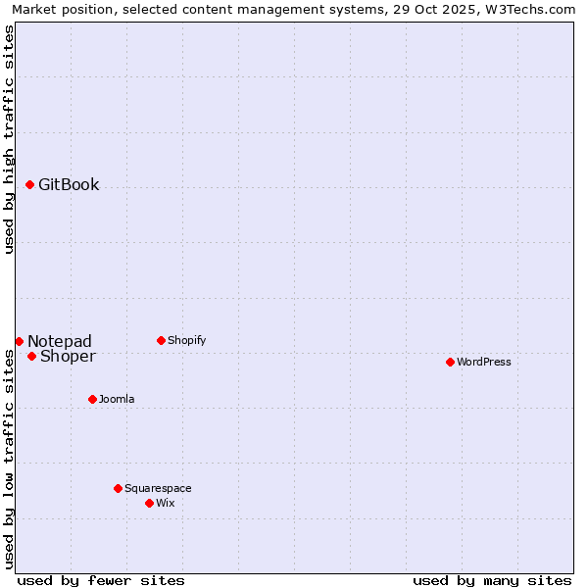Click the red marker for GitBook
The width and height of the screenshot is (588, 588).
coord(30,184)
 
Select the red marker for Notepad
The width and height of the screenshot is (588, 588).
coord(19,341)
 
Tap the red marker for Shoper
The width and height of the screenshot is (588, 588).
coord(31,356)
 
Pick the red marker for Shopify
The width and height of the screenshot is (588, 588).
coord(161,340)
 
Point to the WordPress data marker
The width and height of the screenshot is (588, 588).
coord(450,362)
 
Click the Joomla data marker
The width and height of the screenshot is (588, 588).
coord(92,399)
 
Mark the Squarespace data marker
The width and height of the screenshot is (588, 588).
coord(118,488)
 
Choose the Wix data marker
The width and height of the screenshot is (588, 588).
coord(149,503)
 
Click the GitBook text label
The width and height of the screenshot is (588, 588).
coord(69,184)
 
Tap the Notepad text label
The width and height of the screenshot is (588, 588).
coord(60,341)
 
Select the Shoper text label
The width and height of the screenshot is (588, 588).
coord(68,356)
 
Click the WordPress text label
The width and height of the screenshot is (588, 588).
coord(484,362)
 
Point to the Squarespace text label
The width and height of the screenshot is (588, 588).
coord(158,488)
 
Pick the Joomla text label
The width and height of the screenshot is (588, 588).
coord(117,399)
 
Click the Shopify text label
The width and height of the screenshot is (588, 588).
coord(186,340)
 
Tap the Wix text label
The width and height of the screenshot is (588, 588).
coord(165,503)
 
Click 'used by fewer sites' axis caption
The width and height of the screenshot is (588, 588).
coord(101,580)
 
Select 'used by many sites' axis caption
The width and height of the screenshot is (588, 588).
coord(492,580)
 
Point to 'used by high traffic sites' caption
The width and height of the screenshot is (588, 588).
coord(9,139)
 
